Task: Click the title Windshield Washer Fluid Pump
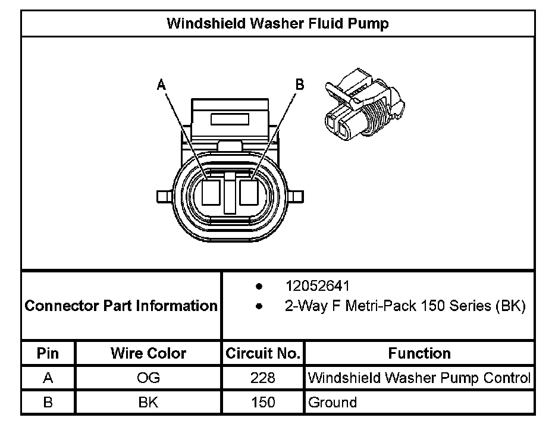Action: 278,24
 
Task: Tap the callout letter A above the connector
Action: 161,85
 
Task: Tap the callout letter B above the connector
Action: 300,84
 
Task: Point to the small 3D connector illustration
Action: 363,105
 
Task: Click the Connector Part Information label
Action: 121,306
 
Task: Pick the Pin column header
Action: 48,353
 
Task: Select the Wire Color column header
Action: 148,353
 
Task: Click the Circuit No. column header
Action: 262,353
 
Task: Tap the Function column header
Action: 419,353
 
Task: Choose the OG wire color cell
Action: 148,378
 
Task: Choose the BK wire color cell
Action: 148,402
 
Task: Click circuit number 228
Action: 262,378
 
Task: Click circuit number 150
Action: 262,402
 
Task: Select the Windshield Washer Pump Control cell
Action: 419,378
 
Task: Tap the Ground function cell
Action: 333,402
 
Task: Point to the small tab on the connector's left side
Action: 161,196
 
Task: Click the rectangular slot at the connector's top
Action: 231,118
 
